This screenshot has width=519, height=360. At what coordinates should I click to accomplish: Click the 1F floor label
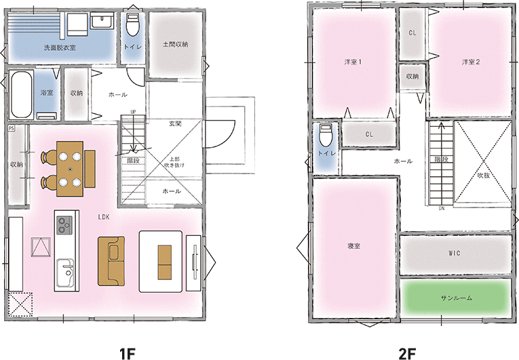tap(128, 354)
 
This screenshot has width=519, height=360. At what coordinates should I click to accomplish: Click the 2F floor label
tap(407, 354)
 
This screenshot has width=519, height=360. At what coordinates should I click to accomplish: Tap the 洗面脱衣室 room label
tap(60, 47)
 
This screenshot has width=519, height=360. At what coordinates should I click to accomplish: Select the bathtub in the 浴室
tap(22, 94)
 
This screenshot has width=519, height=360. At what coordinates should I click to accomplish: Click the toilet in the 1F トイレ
tap(133, 25)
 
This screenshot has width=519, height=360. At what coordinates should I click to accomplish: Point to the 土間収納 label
tap(176, 44)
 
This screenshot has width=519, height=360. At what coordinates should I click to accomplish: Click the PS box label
tap(12, 128)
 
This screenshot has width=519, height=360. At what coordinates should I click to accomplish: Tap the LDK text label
tap(104, 217)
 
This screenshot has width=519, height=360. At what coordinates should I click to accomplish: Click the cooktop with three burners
tap(64, 225)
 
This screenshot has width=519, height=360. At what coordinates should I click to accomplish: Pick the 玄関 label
tap(175, 124)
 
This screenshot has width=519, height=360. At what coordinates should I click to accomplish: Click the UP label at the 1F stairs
tap(133, 112)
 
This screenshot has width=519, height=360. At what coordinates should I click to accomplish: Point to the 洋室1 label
tap(353, 62)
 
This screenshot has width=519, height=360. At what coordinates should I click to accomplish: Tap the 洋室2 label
tap(471, 62)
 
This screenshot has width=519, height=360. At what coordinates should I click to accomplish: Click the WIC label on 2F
tap(455, 253)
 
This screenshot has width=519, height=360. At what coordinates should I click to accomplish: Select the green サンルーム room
tap(457, 298)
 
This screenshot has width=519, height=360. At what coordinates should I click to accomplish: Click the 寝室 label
tap(354, 246)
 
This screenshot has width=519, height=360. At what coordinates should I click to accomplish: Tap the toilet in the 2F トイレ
tap(326, 135)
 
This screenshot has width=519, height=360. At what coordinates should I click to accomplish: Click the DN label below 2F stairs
tap(442, 208)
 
